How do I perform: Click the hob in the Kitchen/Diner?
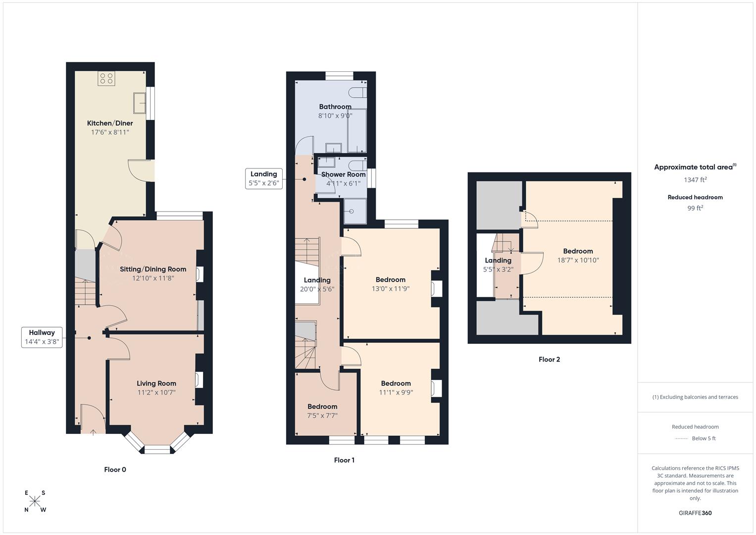(x=106, y=78)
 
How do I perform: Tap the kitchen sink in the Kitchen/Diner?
(x=139, y=104)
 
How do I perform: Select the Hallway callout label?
(x=42, y=337)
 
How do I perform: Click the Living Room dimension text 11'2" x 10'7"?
(x=156, y=392)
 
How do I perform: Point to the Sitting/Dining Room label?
(x=153, y=269)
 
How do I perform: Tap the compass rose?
(x=35, y=501)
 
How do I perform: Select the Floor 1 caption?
(x=344, y=460)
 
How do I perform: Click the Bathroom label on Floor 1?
(x=335, y=107)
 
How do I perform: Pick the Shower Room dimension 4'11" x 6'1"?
(x=343, y=183)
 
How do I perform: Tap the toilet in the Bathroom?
(x=357, y=93)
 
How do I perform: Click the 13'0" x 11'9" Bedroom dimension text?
(x=391, y=289)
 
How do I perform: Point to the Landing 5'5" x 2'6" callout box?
(x=264, y=178)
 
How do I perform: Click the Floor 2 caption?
(x=549, y=360)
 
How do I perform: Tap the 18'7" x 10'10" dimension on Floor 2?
(x=578, y=260)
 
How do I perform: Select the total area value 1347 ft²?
(x=695, y=180)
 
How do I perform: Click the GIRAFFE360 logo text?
(x=695, y=513)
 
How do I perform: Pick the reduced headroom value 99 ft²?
(x=695, y=208)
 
